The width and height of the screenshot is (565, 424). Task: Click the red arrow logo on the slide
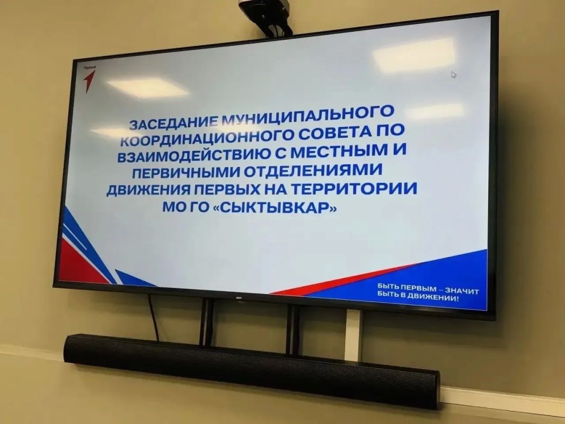click(89, 81)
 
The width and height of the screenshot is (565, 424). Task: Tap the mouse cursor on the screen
click(454, 75)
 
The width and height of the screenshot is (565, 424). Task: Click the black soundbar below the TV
click(252, 370)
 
